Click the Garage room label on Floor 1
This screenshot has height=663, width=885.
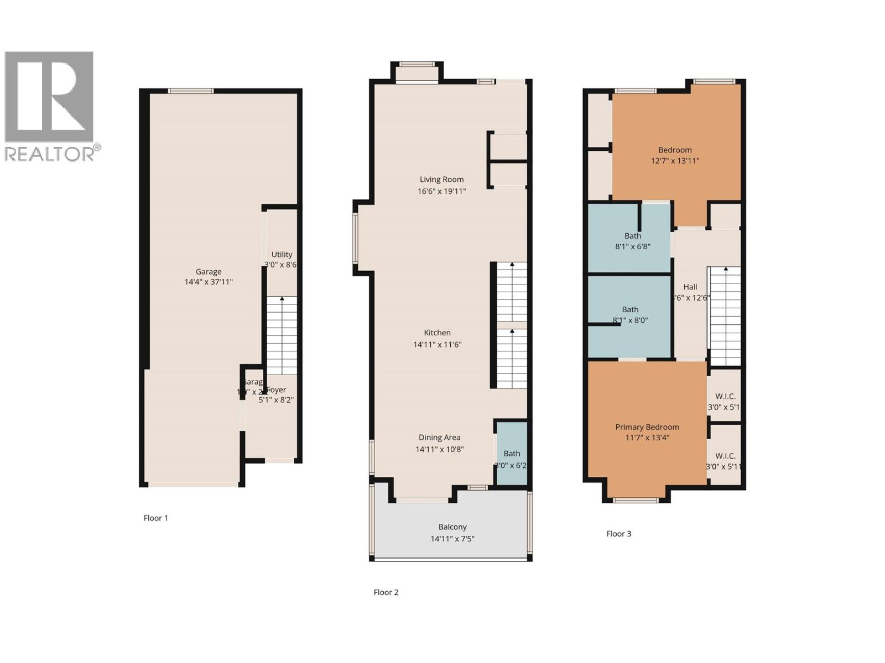pos(209,272)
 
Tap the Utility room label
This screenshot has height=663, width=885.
pos(282,255)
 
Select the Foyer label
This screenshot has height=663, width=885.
pos(277,390)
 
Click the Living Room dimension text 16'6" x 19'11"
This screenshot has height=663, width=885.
pos(441,191)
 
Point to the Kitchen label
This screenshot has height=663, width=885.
pos(437,333)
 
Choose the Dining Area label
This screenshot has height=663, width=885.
pos(439,438)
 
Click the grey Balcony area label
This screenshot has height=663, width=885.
pos(452,527)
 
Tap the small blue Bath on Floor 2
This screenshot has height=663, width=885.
pos(512,454)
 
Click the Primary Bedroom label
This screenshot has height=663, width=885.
pos(647,427)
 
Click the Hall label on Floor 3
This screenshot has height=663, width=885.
pos(690,287)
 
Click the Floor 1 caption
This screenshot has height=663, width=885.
pos(155,518)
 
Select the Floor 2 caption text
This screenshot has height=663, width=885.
pos(386,592)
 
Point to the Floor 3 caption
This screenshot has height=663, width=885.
pos(618,534)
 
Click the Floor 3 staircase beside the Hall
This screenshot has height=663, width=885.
pos(725,315)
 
